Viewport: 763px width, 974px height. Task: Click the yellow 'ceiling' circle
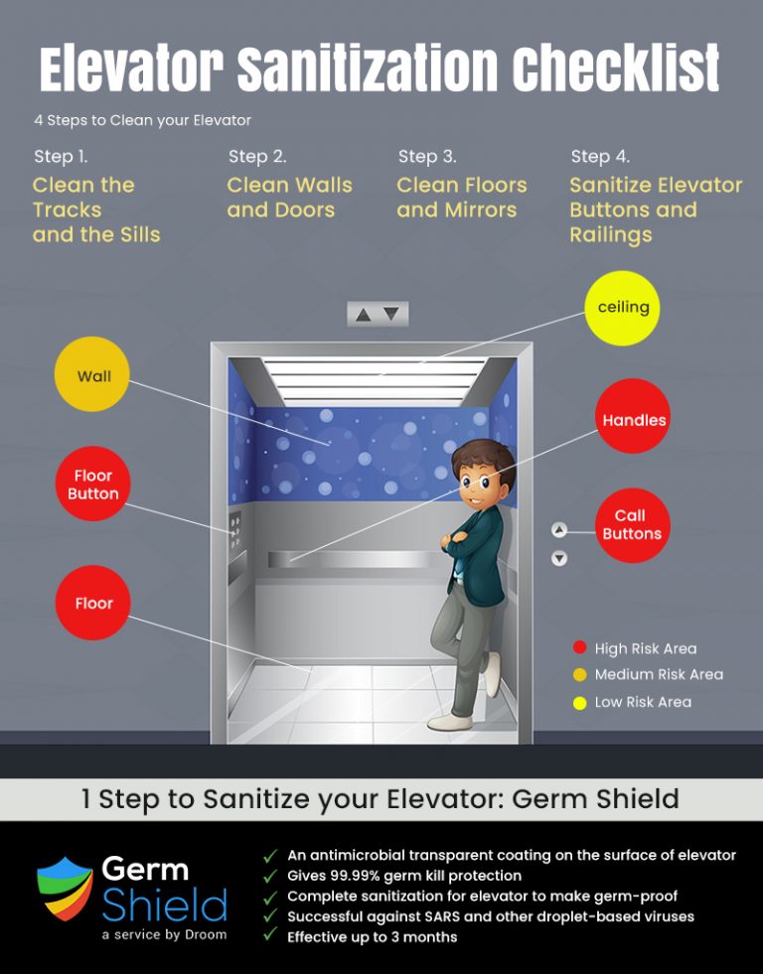pyautogui.click(x=623, y=308)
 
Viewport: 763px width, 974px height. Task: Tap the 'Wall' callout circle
pyautogui.click(x=94, y=376)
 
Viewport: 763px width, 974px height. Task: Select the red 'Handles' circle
pyautogui.click(x=634, y=420)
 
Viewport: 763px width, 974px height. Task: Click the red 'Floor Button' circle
pyautogui.click(x=92, y=485)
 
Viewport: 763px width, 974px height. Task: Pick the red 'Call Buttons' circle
pyautogui.click(x=632, y=524)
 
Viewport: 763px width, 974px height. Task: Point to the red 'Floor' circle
pyautogui.click(x=93, y=603)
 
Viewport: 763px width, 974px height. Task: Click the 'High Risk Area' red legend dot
pyautogui.click(x=580, y=648)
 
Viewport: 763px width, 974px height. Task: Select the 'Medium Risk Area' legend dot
pyautogui.click(x=580, y=675)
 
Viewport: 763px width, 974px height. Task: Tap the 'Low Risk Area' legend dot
pyautogui.click(x=580, y=702)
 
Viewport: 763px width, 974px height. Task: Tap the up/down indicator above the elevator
pyautogui.click(x=378, y=314)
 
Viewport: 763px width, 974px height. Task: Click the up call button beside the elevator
pyautogui.click(x=559, y=530)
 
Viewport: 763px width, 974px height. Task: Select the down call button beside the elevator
pyautogui.click(x=559, y=558)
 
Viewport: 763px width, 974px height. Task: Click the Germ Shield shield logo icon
pyautogui.click(x=65, y=889)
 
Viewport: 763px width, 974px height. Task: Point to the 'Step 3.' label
pyautogui.click(x=427, y=156)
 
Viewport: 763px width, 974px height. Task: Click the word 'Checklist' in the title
pyautogui.click(x=616, y=70)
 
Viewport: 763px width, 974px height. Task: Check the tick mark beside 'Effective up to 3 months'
pyautogui.click(x=269, y=936)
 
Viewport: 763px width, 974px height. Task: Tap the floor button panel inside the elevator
pyautogui.click(x=235, y=534)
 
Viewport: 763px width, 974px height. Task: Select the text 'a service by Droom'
pyautogui.click(x=164, y=934)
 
